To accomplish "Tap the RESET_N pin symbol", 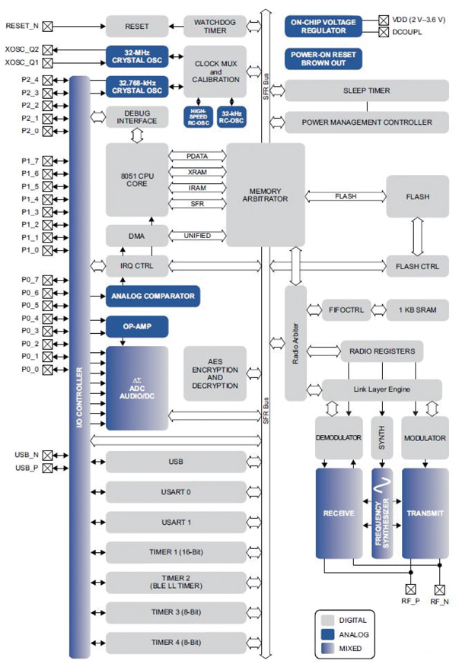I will coord(48,26).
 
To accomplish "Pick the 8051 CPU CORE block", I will coord(136,179).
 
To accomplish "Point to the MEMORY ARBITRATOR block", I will coord(265,194).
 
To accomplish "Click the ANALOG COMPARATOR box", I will coord(152,296).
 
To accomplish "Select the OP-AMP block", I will coord(136,326).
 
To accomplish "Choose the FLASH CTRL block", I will coord(417,266).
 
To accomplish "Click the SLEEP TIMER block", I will coord(367,91).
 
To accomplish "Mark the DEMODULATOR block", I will coord(337,438).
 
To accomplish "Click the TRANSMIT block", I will coord(425,513).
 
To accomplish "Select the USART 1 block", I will coord(176,522).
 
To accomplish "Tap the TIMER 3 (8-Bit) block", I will coord(176,612).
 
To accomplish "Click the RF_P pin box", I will coord(411,588).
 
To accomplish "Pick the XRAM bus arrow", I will coord(196,172).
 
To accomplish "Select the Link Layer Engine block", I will coord(381,389).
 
